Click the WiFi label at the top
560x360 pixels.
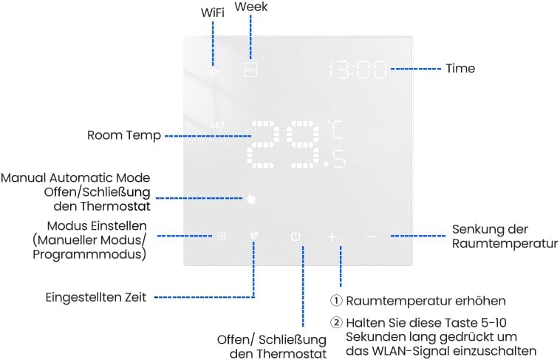[214, 13]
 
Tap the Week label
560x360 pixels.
[251, 7]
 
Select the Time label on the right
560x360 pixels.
[460, 68]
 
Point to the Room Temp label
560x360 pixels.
[123, 135]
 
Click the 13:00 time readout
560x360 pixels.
[358, 70]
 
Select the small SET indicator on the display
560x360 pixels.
[217, 125]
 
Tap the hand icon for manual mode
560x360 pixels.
[252, 198]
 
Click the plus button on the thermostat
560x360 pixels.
[332, 237]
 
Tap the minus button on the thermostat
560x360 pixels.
[371, 237]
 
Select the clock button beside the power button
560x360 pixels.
[255, 237]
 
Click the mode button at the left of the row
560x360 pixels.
[219, 237]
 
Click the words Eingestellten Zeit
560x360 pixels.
[96, 297]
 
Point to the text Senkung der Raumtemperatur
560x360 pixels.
[505, 236]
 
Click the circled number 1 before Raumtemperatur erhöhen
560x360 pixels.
[335, 301]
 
